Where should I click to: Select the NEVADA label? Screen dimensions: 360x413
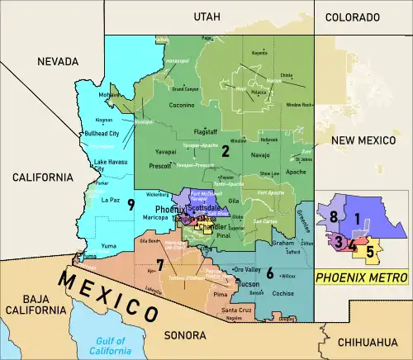tap(58, 61)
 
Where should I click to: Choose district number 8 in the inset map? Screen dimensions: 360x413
tap(334, 217)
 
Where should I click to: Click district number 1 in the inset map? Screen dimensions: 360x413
tap(357, 219)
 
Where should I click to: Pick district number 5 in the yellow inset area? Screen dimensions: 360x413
tap(369, 250)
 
